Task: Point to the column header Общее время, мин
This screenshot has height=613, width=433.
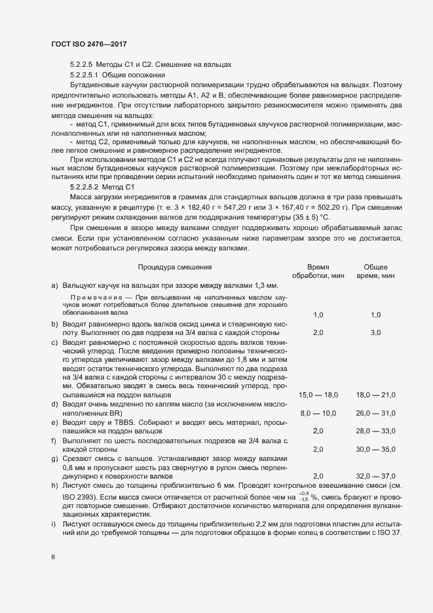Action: click(x=375, y=271)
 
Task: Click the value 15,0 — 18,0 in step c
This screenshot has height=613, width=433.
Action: click(x=318, y=395)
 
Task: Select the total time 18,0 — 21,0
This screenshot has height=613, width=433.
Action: click(x=376, y=395)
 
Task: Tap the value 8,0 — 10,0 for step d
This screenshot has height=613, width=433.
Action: click(x=318, y=413)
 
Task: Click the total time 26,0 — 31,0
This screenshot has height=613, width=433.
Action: click(x=376, y=413)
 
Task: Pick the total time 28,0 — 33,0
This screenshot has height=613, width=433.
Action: click(x=376, y=431)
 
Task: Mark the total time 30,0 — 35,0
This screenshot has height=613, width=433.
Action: click(x=376, y=449)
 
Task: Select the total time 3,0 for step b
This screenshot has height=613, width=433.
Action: click(x=376, y=333)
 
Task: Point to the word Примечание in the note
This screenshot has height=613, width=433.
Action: click(x=96, y=298)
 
